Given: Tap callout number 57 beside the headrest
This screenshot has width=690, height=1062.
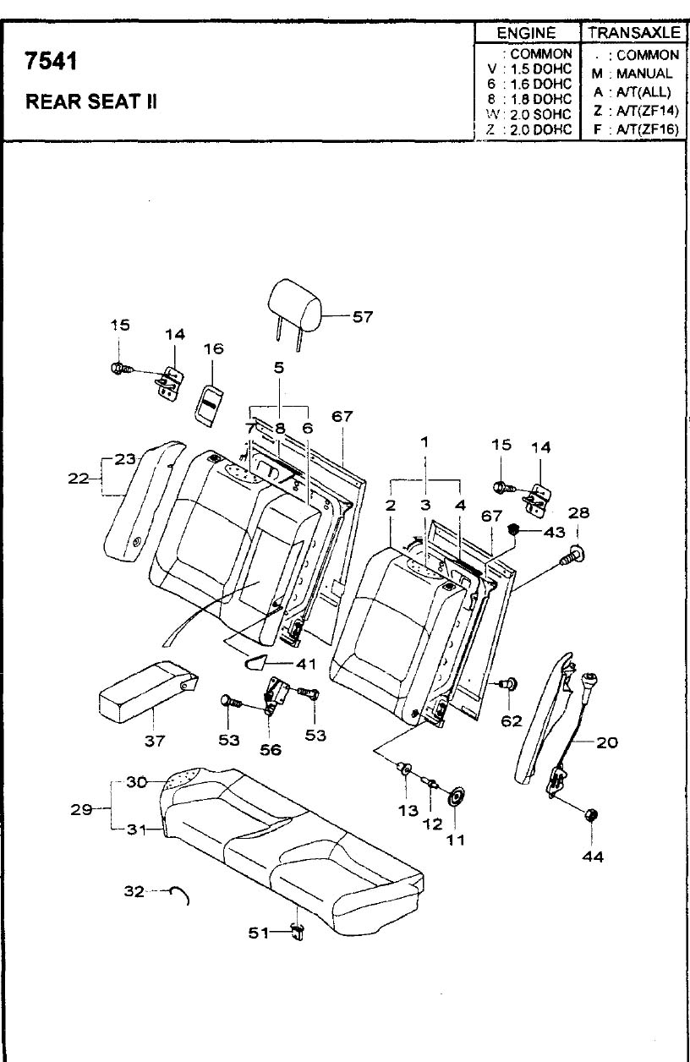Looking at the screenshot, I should (362, 317).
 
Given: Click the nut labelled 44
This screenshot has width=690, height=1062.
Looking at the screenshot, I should (591, 815).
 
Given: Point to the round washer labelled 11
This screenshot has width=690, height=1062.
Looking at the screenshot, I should (457, 797).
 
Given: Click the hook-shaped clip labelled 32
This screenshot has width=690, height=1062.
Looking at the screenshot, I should (179, 893).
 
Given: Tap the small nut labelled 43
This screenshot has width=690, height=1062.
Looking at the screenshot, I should (512, 530).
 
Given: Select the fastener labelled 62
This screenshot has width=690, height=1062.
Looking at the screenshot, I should (510, 684).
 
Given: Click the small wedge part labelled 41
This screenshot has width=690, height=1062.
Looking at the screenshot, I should (257, 662).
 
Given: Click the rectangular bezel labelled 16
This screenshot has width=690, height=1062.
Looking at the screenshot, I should (209, 400).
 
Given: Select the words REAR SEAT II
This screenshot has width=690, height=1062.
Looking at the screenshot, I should (91, 102).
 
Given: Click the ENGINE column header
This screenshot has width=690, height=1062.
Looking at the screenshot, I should (525, 33).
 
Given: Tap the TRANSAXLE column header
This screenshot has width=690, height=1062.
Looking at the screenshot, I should (634, 33).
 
